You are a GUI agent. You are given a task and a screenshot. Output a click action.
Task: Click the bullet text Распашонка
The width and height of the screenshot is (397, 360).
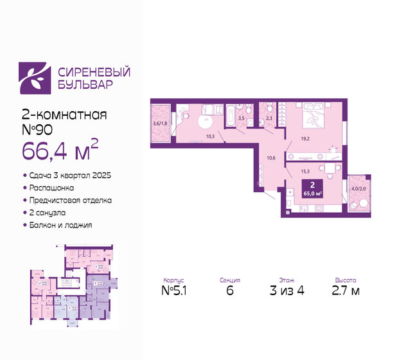click(51, 188)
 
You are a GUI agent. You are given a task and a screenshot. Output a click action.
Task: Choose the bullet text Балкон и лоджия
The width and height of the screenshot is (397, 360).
click(60, 225)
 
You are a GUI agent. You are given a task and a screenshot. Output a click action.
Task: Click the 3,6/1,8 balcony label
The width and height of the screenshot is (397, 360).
click(160, 123)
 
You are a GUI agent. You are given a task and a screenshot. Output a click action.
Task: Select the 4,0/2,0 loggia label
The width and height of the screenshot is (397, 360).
click(358, 188)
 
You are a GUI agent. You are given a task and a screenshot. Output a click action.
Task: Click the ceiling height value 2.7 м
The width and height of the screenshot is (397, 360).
click(346, 293)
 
